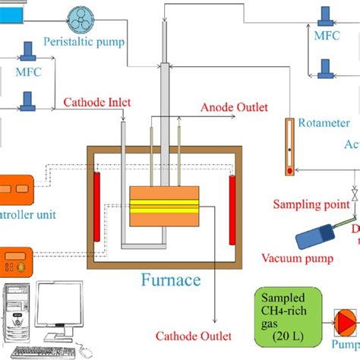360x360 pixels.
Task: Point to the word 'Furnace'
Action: [171, 280]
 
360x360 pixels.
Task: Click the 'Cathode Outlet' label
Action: [194, 336]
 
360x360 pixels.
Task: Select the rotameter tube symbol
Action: [289, 147]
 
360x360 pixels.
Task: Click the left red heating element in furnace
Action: [96, 207]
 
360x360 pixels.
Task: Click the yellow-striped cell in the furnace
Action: [165, 205]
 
